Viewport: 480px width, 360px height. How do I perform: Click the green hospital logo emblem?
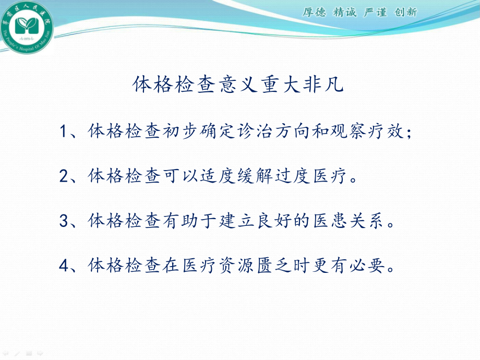point(26,27)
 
